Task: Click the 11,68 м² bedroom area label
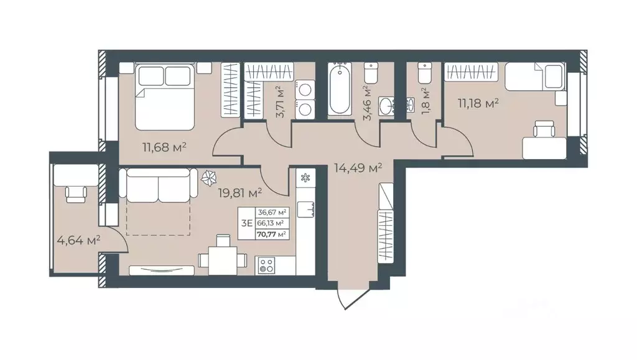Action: coord(164,147)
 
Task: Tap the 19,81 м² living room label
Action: coord(239,192)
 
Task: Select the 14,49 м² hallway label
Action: coord(358,167)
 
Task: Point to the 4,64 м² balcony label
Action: coord(78,241)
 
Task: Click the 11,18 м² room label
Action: coord(478,103)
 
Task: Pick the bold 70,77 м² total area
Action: coord(271,234)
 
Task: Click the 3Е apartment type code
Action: coord(246,223)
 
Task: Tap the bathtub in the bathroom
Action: coord(340,90)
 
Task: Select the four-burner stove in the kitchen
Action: coord(266,265)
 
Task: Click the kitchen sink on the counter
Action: coord(306,209)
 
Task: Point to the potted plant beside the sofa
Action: coord(209,177)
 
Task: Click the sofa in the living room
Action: coord(159,185)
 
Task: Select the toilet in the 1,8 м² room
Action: coord(424,72)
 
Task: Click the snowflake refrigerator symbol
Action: coord(305,178)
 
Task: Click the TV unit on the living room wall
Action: coord(162,269)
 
